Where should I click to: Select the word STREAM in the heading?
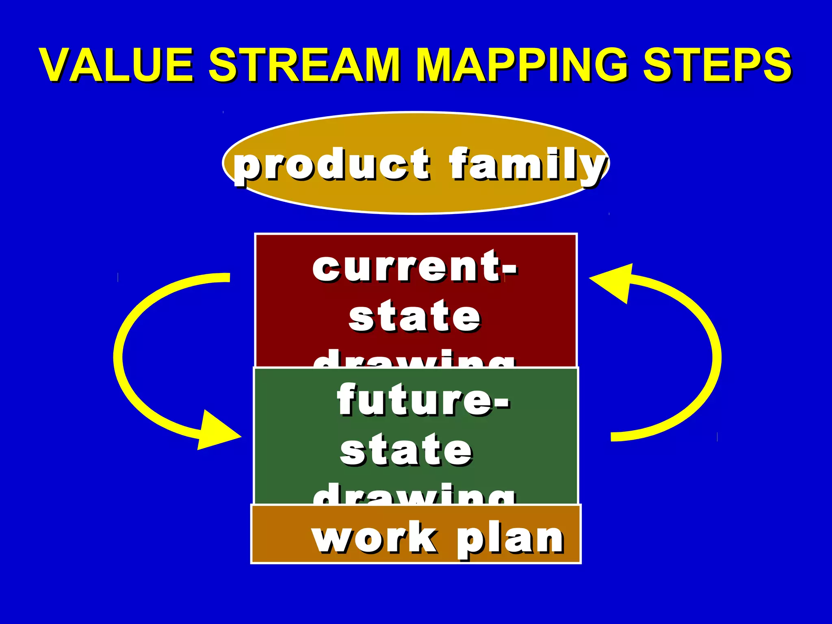304,65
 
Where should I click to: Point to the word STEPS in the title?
717,65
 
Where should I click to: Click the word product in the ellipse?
331,165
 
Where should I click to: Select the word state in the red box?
414,317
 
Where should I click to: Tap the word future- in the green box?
422,400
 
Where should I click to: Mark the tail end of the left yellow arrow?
227,278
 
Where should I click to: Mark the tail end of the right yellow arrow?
613,437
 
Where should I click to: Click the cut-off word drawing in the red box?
414,360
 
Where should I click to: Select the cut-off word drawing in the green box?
414,495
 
